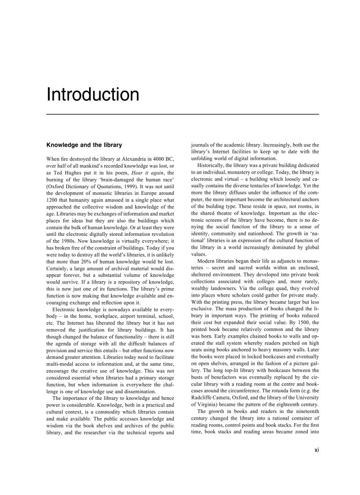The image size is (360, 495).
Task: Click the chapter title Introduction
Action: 93,95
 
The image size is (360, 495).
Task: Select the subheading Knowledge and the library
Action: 84,145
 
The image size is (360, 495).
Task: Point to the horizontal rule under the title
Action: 183,115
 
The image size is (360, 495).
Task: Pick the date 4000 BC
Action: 160,159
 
